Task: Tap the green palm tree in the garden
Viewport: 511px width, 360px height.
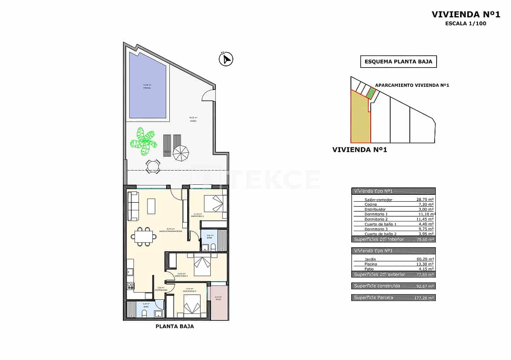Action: tap(144, 141)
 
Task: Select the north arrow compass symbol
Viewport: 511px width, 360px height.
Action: tap(226, 59)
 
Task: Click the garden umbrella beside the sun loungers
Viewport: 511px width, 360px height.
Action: tap(181, 153)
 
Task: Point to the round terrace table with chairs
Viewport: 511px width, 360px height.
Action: tap(153, 166)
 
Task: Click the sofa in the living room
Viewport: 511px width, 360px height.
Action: tap(133, 206)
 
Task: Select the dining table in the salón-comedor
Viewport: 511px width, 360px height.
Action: tap(144, 236)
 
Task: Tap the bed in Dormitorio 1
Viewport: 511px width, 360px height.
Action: tap(214, 203)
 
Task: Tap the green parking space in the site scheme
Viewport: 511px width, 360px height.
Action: tap(371, 93)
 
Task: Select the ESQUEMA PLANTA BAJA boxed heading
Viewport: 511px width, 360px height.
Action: tap(398, 62)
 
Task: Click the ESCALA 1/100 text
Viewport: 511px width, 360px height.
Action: tap(465, 23)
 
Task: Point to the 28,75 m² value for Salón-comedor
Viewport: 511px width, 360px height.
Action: tap(425, 200)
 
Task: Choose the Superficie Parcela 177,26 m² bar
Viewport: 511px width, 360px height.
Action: tap(393, 298)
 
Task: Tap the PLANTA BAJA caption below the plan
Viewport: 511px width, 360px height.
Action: tap(175, 326)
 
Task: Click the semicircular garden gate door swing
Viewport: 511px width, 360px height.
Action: tap(209, 96)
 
